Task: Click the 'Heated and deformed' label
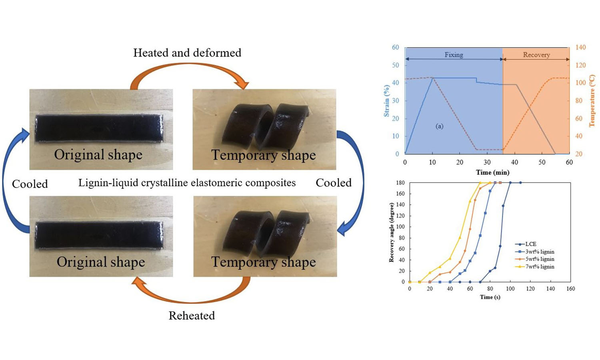(187, 53)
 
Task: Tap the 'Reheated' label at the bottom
(192, 316)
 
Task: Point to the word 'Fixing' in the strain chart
(454, 55)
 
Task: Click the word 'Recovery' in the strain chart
(536, 55)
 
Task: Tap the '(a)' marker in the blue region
(439, 126)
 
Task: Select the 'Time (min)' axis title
(492, 172)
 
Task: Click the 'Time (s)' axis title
(490, 297)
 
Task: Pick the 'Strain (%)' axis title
(386, 101)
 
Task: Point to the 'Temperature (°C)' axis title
(592, 101)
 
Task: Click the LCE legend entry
(530, 244)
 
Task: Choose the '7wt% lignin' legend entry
(540, 266)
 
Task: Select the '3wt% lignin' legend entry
(540, 252)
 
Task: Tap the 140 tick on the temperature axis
(580, 47)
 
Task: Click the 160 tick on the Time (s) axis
(570, 288)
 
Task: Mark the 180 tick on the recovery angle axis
(400, 183)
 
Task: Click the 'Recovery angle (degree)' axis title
(391, 232)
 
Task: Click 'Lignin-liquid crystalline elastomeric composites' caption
(187, 183)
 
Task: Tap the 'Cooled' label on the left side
(30, 184)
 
